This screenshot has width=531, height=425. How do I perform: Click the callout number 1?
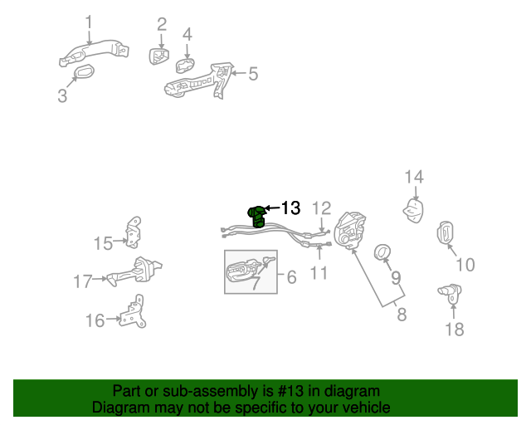[89, 22]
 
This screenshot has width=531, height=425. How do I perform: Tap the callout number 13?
[291, 208]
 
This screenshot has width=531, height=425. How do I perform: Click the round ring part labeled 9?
[382, 252]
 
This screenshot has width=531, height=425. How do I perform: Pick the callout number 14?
[414, 176]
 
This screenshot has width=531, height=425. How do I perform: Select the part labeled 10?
[446, 233]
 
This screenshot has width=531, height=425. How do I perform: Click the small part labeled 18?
[450, 292]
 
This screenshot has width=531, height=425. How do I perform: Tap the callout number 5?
[253, 74]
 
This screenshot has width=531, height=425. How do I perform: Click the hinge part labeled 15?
[134, 232]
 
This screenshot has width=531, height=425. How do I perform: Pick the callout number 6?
[291, 277]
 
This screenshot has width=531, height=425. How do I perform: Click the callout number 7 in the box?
[257, 282]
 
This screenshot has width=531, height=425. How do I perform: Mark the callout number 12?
[321, 208]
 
